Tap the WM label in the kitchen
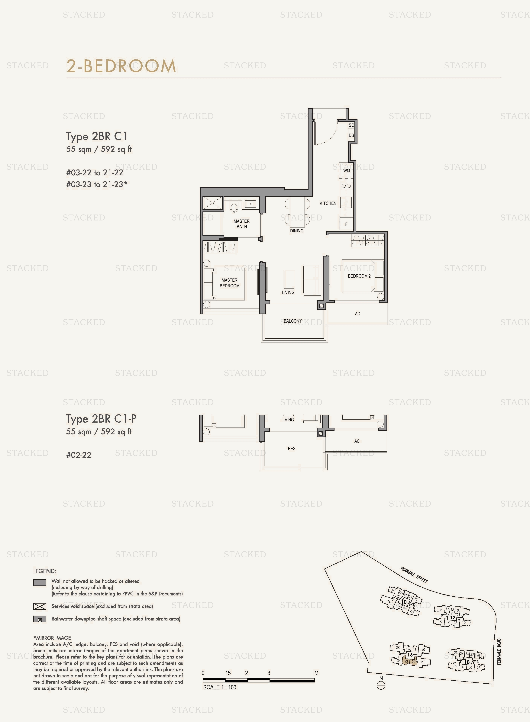(x=347, y=171)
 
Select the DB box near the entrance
(x=351, y=135)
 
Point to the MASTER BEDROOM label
(x=229, y=283)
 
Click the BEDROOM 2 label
(x=359, y=276)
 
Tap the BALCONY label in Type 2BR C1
(x=292, y=321)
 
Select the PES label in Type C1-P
(x=291, y=448)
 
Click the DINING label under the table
(x=296, y=231)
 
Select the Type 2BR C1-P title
(x=101, y=419)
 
